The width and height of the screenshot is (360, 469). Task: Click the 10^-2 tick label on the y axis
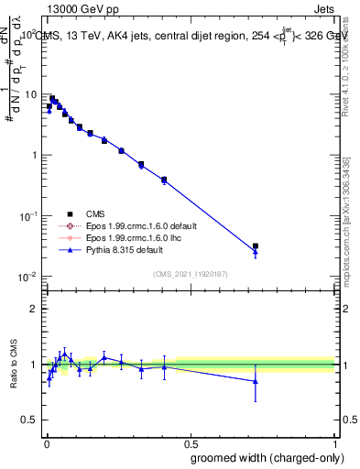point(28,277)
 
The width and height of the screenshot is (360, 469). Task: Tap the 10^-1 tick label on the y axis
point(28,216)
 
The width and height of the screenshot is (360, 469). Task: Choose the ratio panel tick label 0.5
point(29,420)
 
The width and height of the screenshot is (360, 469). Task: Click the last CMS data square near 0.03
point(256,246)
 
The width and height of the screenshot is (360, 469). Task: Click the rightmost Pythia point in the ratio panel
point(256,381)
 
